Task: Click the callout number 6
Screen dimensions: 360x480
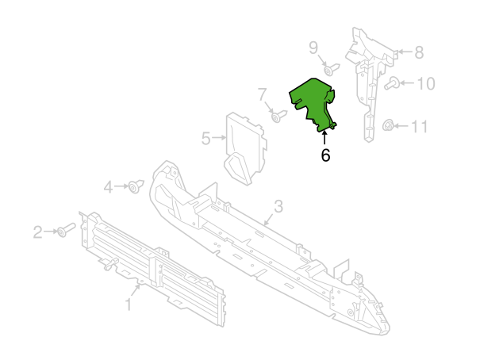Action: (x=325, y=156)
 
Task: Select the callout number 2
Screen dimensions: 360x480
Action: (x=37, y=232)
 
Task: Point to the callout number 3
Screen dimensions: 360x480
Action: (x=278, y=208)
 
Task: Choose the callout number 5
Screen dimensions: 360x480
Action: (x=206, y=140)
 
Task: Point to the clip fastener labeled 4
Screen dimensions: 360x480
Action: (x=136, y=187)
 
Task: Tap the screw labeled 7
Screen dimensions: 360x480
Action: (x=278, y=117)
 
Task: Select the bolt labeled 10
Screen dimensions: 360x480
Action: (x=391, y=82)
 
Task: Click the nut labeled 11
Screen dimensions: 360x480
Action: (x=388, y=124)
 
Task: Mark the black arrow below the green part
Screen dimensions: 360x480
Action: (x=325, y=138)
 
